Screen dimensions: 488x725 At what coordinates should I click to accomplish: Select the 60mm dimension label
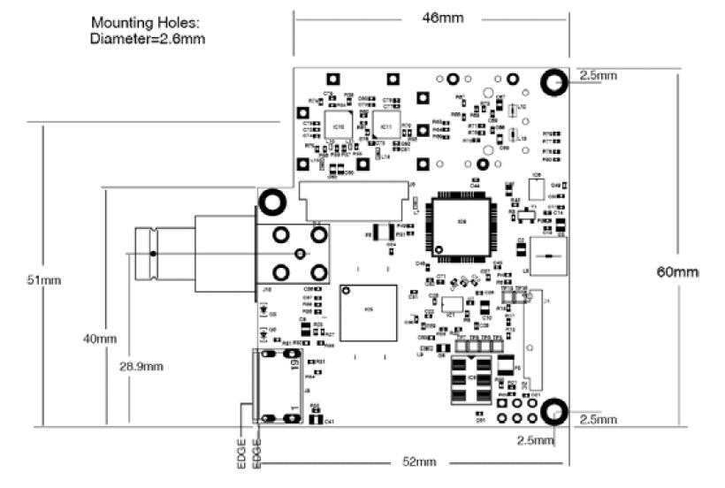[682, 271]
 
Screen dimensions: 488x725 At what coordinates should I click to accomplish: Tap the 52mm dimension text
[420, 461]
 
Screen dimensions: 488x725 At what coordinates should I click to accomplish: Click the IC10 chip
[338, 126]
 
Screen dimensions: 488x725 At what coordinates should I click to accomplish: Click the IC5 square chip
[369, 311]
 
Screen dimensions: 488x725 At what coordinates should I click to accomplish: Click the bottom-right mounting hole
[554, 410]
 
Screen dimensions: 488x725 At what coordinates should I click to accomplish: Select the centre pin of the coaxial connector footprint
[299, 254]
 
